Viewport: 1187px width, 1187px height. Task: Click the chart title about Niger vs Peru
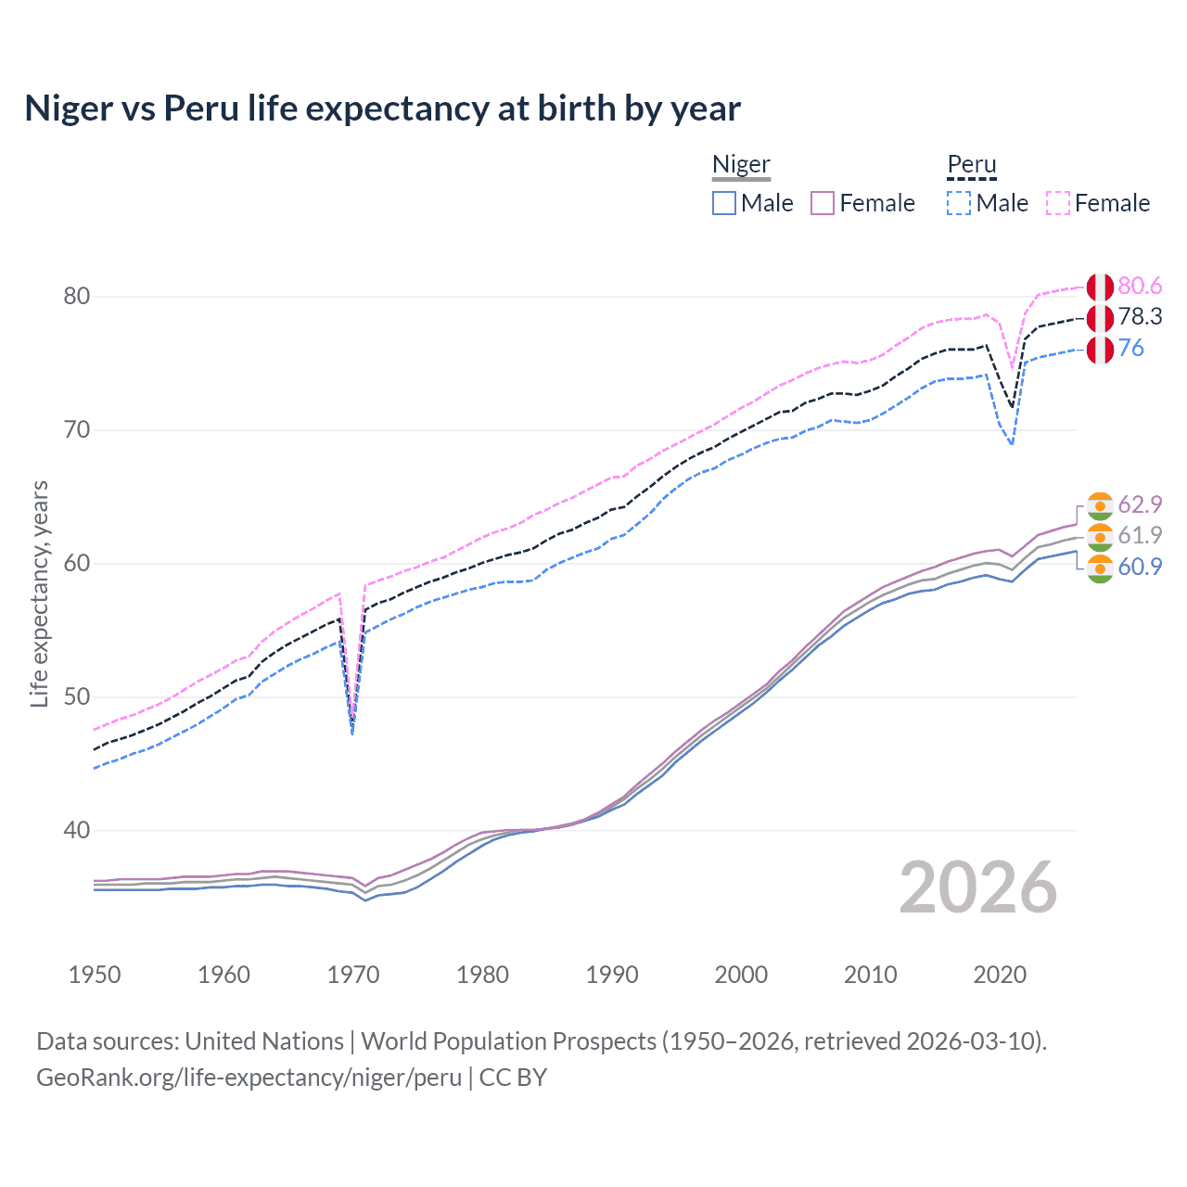[382, 108]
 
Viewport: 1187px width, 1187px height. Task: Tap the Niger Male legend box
[724, 203]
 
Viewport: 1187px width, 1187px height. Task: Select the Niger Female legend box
[823, 203]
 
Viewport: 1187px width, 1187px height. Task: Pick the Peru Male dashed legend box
[959, 203]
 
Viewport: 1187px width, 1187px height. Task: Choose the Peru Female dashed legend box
[1058, 203]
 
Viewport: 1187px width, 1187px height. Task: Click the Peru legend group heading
[971, 165]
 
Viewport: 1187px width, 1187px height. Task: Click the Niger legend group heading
[741, 165]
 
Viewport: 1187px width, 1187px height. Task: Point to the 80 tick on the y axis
[77, 297]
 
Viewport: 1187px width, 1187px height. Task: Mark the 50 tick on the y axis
[77, 697]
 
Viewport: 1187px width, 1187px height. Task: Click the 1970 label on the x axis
[353, 975]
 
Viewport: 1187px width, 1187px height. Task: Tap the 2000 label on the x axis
[741, 975]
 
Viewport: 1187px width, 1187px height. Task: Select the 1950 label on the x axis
[95, 975]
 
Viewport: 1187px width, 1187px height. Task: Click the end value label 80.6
[1140, 286]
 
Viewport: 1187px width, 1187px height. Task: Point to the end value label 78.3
[1140, 317]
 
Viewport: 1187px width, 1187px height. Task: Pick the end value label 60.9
[1140, 567]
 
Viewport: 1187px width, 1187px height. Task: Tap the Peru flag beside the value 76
[1100, 350]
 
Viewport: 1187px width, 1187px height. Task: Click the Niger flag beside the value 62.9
[1100, 505]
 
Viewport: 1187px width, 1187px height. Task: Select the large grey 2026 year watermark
[978, 887]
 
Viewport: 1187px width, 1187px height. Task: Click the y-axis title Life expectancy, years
[39, 593]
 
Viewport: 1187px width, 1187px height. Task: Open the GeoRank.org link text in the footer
[249, 1078]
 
